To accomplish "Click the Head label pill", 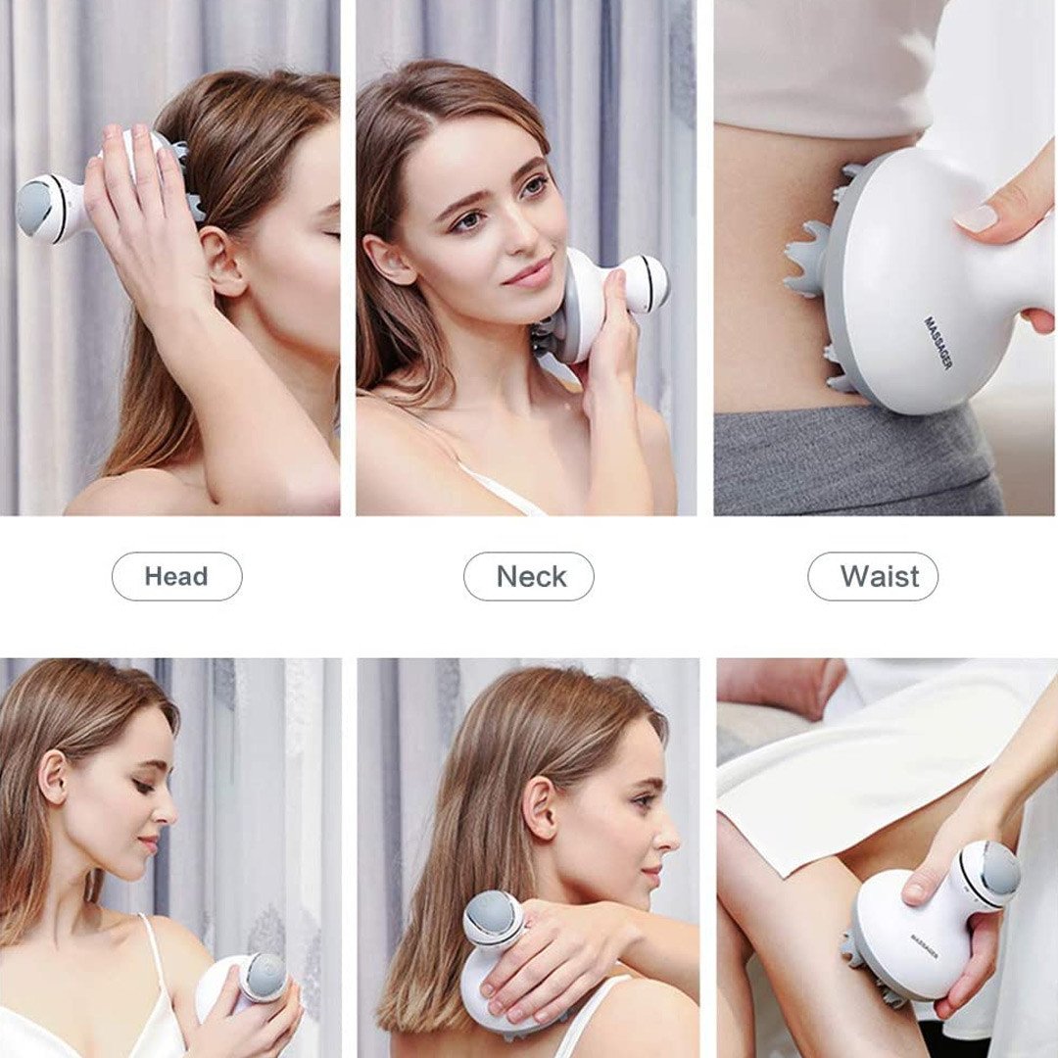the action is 176,576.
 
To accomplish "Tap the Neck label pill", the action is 528,576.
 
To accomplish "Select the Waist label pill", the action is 873,576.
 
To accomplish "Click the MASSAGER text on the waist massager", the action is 938,343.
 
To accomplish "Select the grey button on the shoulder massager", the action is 493,919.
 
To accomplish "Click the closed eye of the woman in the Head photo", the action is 331,235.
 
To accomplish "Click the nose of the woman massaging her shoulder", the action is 667,837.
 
